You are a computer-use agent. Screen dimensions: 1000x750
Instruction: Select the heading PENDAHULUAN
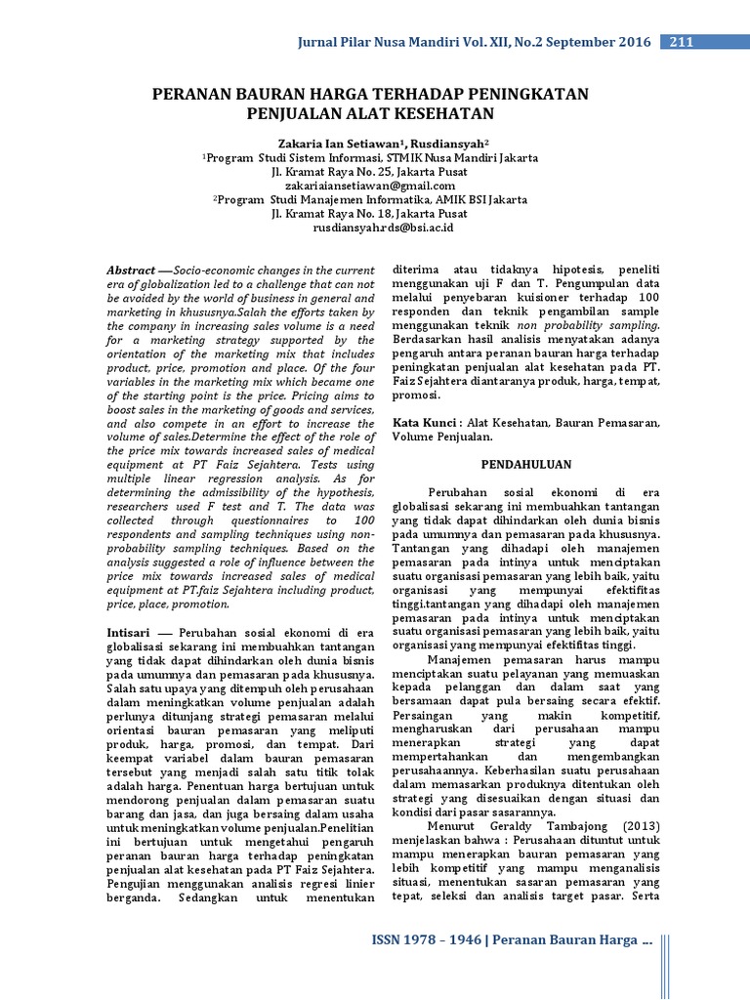pos(525,464)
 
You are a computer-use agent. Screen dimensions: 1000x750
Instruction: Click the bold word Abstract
pos(131,270)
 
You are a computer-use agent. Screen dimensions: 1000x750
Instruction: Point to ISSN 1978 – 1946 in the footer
pos(428,939)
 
